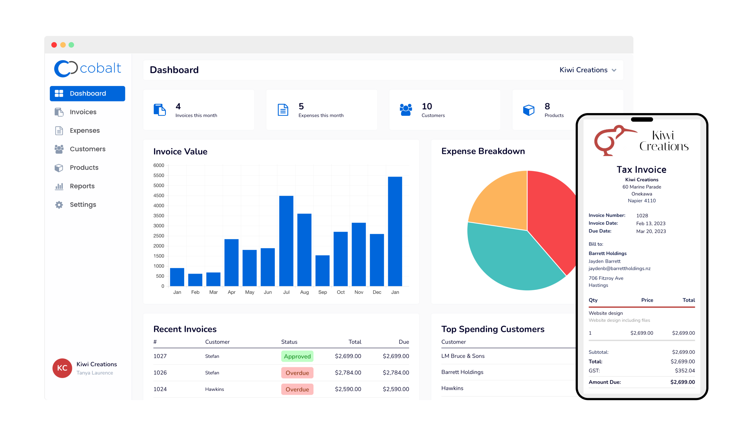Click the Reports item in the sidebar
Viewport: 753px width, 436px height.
pos(82,186)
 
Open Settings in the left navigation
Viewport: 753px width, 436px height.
pos(83,205)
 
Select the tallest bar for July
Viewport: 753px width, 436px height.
pos(286,241)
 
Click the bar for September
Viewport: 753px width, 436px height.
pos(322,271)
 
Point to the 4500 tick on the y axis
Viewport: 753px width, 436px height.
pos(159,196)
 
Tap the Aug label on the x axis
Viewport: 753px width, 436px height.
pos(304,292)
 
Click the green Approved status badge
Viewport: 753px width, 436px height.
pos(297,356)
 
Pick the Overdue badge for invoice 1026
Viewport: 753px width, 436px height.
pos(297,373)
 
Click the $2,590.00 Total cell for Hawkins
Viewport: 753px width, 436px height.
pos(348,389)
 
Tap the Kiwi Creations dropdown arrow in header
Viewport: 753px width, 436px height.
pos(614,70)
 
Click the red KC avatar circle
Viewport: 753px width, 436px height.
pos(62,368)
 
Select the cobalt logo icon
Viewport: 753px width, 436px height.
pos(65,69)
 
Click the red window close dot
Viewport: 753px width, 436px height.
pos(54,45)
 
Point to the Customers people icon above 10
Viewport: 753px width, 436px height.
pos(406,110)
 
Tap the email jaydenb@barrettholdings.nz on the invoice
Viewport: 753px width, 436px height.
pos(619,269)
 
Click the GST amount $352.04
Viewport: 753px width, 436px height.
pos(684,371)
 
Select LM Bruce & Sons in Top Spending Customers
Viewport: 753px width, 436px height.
pos(463,356)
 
